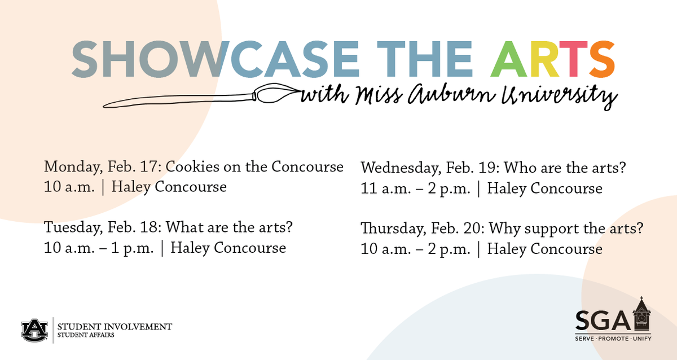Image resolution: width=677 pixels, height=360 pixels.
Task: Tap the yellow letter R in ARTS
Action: pos(543,59)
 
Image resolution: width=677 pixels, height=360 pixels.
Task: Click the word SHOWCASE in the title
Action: pos(215,59)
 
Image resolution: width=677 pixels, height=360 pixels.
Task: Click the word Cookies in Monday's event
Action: pos(191,167)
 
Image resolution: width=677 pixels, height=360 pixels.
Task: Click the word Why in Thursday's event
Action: pos(502,229)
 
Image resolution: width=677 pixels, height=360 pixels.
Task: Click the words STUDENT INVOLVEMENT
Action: pos(115,326)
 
